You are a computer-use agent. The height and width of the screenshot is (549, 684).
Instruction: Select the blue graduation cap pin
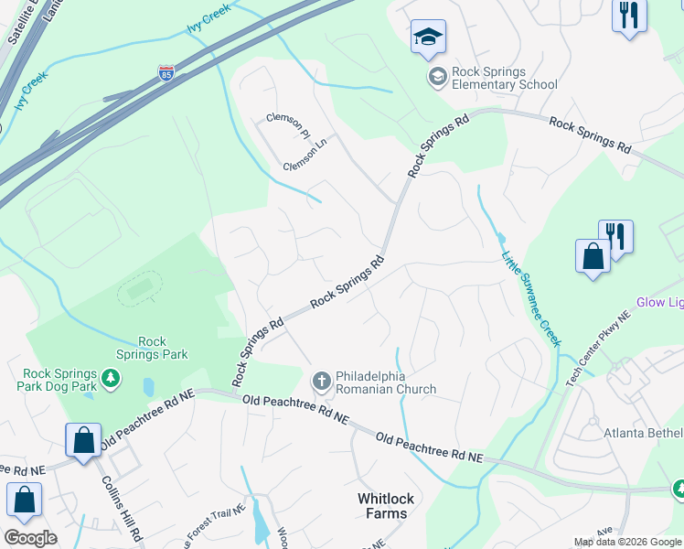coord(428,38)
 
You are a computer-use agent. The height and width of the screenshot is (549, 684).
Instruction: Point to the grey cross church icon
coord(321,381)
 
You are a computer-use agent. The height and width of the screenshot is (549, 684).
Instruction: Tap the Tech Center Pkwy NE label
coord(599,348)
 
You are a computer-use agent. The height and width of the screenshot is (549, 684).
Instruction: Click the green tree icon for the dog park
coord(110,377)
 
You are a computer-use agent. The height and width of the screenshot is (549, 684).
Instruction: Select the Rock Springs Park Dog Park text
coord(60,380)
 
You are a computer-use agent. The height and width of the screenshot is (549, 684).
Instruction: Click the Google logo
coord(30,538)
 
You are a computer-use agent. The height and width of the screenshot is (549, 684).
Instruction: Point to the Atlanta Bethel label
coord(643,433)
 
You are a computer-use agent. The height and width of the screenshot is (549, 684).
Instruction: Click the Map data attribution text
coord(626,542)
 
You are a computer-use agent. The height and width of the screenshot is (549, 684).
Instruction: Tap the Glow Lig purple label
coord(659,303)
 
